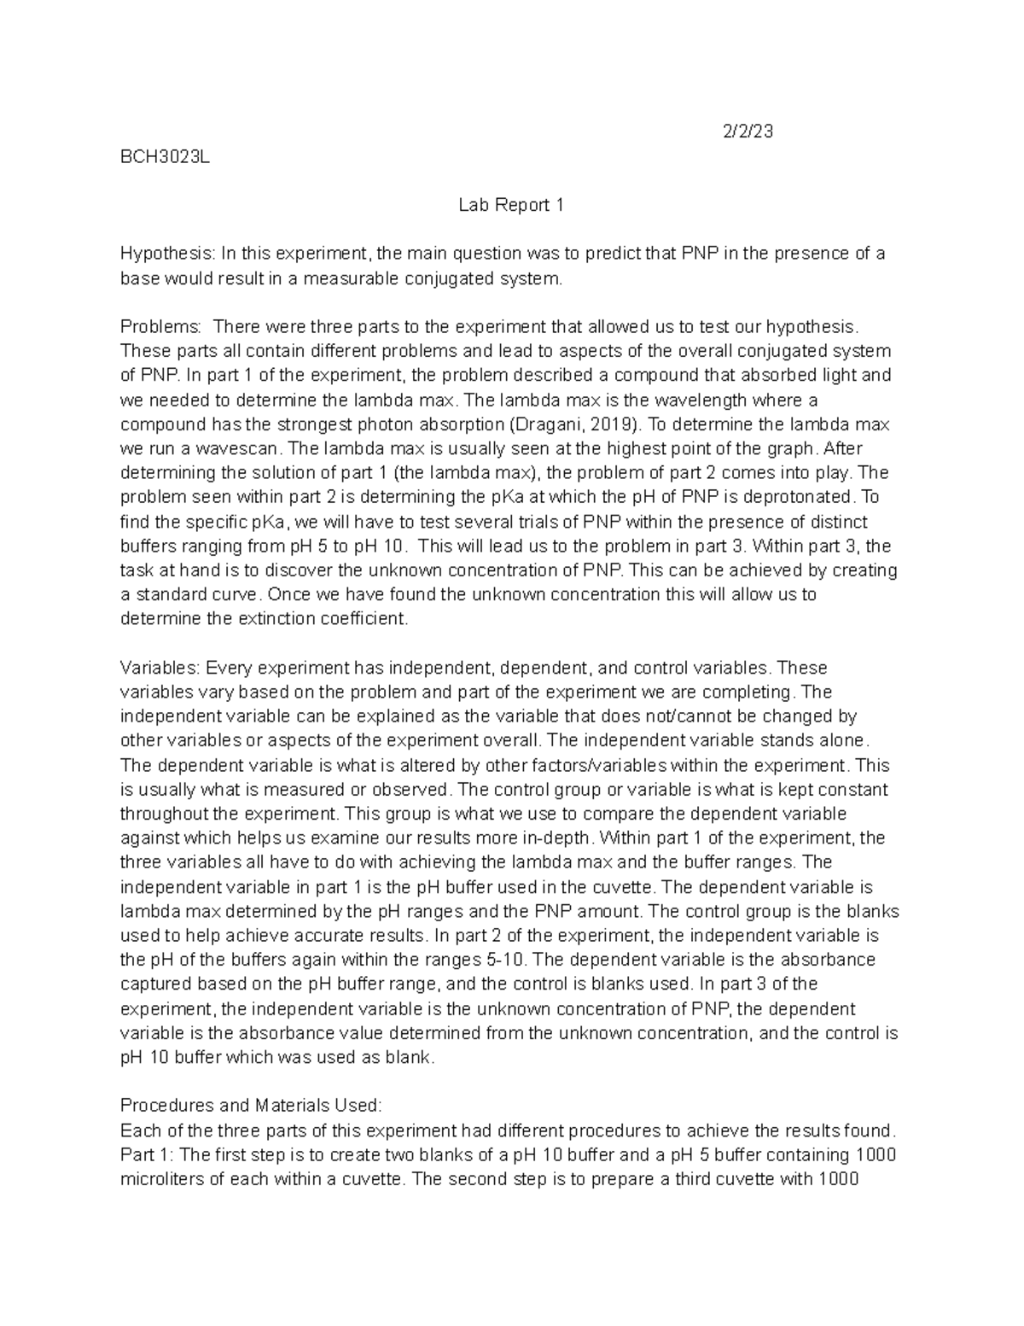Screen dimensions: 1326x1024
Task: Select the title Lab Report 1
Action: (x=511, y=205)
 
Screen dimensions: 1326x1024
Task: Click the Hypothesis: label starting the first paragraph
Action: (x=168, y=254)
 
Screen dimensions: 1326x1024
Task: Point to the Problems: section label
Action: (x=161, y=327)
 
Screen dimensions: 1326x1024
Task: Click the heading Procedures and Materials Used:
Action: (x=252, y=1106)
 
